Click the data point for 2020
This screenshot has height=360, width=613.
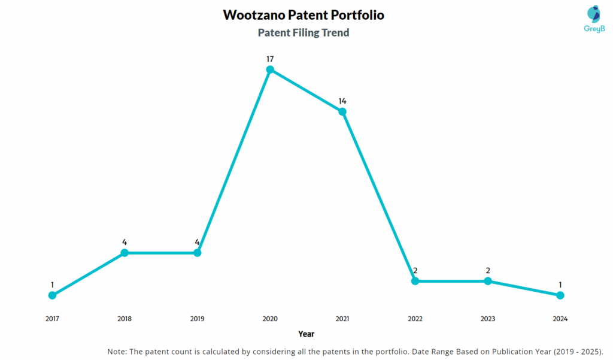pyautogui.click(x=270, y=69)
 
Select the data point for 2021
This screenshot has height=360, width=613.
pyautogui.click(x=342, y=112)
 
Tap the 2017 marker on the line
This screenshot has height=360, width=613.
pyautogui.click(x=52, y=295)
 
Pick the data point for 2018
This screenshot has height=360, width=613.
pyautogui.click(x=125, y=253)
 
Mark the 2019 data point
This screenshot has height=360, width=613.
pyautogui.click(x=198, y=253)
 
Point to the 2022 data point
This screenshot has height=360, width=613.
pyautogui.click(x=415, y=281)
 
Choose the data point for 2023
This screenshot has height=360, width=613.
pyautogui.click(x=488, y=281)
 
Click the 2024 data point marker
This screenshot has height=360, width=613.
pyautogui.click(x=560, y=295)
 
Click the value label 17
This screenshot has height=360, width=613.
pyautogui.click(x=270, y=59)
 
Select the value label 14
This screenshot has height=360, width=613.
pyautogui.click(x=342, y=101)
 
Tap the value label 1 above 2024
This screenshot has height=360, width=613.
pyautogui.click(x=560, y=285)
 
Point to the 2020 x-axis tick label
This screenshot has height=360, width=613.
pyautogui.click(x=270, y=319)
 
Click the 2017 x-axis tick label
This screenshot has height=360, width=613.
pyautogui.click(x=52, y=319)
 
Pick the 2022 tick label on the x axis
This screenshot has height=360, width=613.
pyautogui.click(x=415, y=319)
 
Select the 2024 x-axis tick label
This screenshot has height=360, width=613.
pyautogui.click(x=560, y=319)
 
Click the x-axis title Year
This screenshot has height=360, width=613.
pyautogui.click(x=306, y=334)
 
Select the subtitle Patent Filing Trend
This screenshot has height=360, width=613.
pyautogui.click(x=304, y=33)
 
